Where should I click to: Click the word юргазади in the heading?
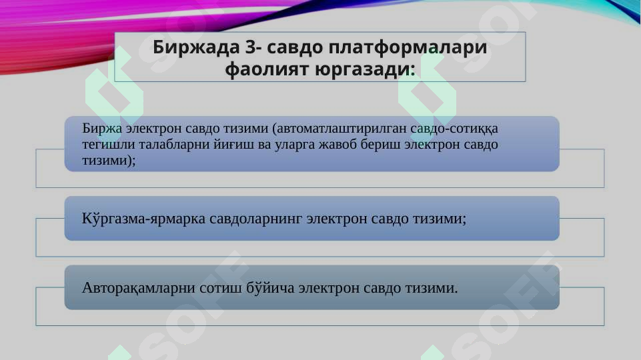[x=365, y=69]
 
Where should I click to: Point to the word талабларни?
[x=164, y=144]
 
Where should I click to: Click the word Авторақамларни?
[x=138, y=288]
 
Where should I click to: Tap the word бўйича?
[x=266, y=288]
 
